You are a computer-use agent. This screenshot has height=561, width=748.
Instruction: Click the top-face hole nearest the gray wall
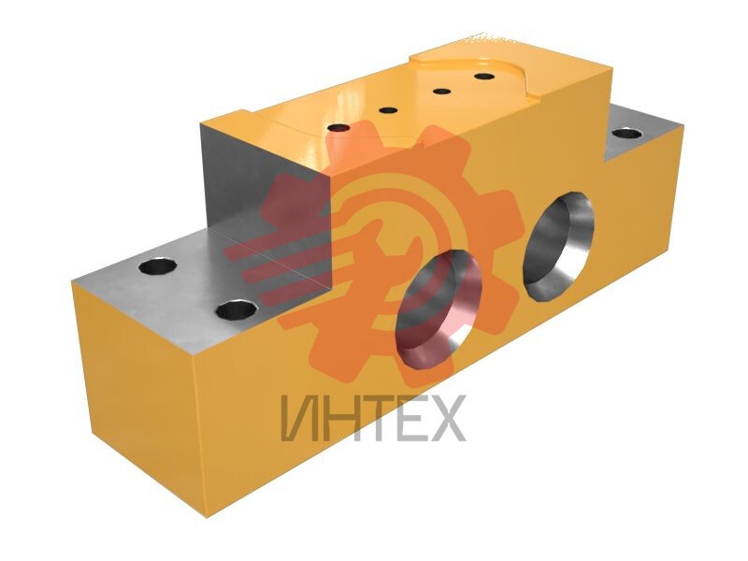tap(338, 128)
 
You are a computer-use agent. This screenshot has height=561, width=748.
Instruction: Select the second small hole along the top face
tap(388, 110)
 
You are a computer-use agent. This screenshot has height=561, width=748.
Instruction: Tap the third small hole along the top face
tap(442, 91)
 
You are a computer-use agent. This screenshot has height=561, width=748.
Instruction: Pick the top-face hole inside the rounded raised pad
tap(483, 76)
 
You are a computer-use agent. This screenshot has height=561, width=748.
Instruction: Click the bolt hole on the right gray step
tap(626, 133)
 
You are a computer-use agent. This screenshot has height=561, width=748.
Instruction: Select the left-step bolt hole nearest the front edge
tap(237, 310)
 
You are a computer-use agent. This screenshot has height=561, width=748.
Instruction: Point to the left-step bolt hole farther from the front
tap(158, 266)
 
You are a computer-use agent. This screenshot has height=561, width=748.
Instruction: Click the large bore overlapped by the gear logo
tap(438, 309)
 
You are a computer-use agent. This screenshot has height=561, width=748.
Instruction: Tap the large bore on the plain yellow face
tap(558, 247)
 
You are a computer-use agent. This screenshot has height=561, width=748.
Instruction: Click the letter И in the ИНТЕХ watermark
tap(299, 418)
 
